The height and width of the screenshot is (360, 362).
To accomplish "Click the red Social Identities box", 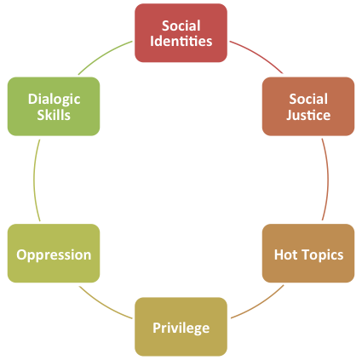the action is point(181,33).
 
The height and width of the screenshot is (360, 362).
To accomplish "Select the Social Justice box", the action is point(308,106).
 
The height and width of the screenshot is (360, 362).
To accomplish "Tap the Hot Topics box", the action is point(308,253).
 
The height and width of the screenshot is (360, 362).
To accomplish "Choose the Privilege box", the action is point(181,327).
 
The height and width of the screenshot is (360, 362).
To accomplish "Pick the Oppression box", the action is point(54,253).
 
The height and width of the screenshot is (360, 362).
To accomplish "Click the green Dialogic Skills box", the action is point(54,106).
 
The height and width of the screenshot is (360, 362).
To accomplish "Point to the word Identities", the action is point(181,41).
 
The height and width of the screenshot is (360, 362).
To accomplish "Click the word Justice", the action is point(308,115).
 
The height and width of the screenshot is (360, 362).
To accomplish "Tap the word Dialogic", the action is point(54,100).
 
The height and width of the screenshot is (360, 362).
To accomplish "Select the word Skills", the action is point(54,115).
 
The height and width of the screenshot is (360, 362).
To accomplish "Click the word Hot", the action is point(284,254).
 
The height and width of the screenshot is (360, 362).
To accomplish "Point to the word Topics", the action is point(321,255).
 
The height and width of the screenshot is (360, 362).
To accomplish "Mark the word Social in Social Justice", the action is point(308,99).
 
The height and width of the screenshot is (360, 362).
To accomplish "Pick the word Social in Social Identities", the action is point(181,26).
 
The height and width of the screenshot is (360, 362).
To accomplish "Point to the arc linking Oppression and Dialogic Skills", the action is point(34,180).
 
